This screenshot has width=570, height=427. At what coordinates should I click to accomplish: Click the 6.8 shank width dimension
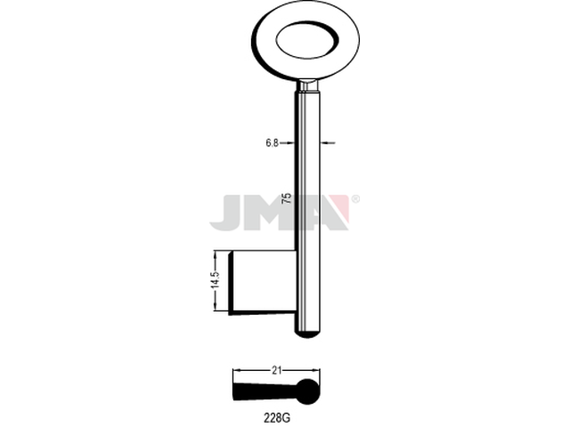(272, 143)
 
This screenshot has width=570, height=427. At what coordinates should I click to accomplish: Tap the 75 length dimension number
(287, 197)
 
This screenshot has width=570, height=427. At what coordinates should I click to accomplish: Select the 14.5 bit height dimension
(216, 280)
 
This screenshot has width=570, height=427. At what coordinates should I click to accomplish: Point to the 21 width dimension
(277, 370)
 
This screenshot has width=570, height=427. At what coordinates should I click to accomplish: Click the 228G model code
(277, 418)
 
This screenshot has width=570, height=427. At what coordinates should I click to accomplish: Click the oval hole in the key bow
(307, 39)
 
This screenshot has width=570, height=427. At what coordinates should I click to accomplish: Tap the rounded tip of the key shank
(307, 334)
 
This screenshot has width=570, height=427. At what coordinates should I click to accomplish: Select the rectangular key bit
(262, 282)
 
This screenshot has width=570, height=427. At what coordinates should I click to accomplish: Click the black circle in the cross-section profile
(308, 391)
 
